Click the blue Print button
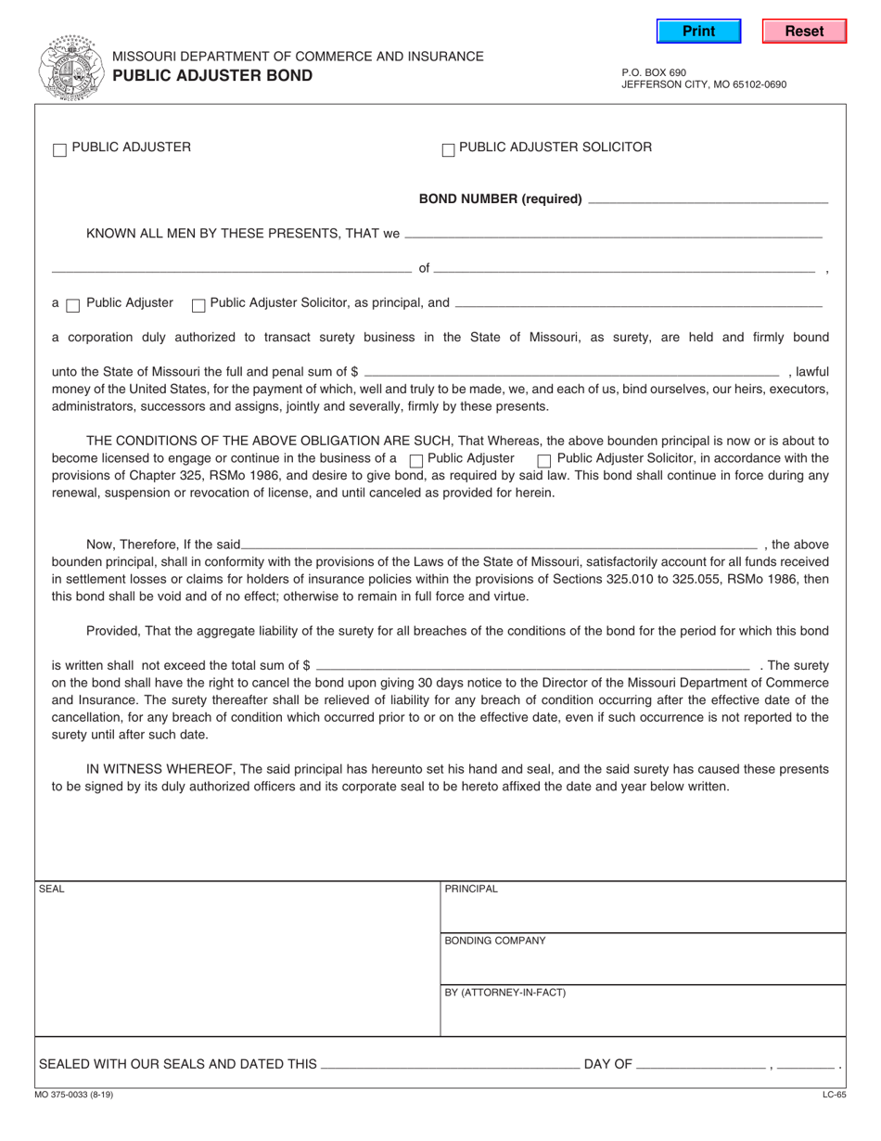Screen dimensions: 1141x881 (698, 32)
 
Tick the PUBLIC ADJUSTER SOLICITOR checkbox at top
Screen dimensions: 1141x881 (448, 149)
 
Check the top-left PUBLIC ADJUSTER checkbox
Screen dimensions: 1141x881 (59, 149)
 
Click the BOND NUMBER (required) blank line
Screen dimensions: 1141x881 (708, 199)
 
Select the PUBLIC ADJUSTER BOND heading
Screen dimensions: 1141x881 (212, 76)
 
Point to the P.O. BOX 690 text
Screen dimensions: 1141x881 (654, 71)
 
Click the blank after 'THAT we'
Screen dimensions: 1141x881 (613, 234)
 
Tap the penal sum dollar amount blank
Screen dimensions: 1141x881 (571, 371)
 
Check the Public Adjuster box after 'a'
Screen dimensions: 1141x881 (73, 305)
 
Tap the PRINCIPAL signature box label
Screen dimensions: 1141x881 (471, 889)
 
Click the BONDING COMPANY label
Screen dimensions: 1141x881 (495, 941)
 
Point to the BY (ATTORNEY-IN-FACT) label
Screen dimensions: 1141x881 (504, 993)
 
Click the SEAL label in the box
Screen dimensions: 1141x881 (52, 889)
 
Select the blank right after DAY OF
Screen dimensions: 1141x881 (702, 1065)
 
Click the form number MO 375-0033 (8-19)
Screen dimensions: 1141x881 (77, 1095)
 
